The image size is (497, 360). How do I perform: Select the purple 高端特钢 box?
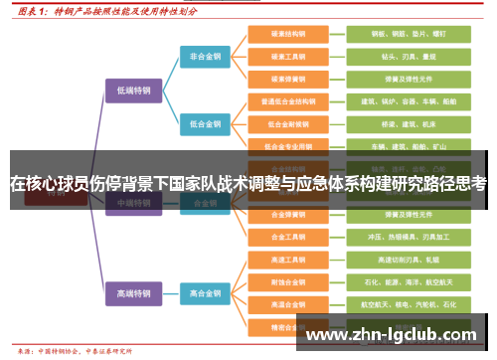coord(132,293)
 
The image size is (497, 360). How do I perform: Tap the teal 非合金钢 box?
coord(206,57)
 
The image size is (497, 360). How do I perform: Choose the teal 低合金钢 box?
coord(206,124)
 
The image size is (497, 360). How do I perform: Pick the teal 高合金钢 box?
coord(206,293)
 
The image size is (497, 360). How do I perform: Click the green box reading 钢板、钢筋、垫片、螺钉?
coord(395,34)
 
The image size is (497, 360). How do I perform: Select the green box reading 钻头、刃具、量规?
coord(395,57)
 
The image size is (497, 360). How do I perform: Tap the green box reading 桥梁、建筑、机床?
coord(395,124)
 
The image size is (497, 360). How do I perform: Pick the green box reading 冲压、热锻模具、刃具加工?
coord(395,237)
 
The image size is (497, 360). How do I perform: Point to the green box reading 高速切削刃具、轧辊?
coord(395,260)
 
